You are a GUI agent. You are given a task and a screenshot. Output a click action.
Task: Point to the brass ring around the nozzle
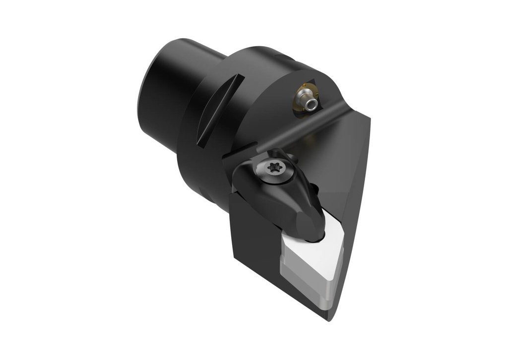coord(301,96)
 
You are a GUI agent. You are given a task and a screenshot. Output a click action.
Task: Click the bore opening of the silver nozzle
coord(311,105)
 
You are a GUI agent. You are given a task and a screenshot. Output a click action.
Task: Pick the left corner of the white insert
coord(284,243)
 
